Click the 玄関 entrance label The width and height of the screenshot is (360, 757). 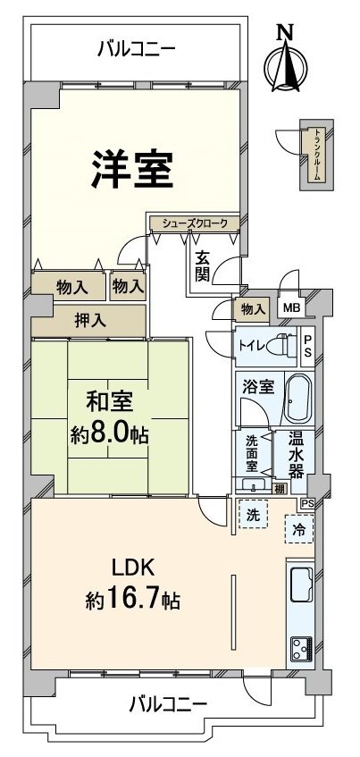(x=203, y=265)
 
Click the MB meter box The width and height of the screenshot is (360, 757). (x=292, y=308)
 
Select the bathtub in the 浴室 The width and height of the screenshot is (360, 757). (x=297, y=401)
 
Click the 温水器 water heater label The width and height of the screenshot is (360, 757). (x=296, y=454)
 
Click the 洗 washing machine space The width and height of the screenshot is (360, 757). (x=253, y=516)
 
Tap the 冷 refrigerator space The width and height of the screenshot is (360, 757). (x=297, y=527)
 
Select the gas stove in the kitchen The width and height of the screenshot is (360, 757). (x=299, y=648)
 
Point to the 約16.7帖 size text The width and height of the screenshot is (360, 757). (x=133, y=599)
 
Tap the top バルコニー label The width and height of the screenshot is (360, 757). (x=137, y=51)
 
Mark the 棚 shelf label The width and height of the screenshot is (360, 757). (x=280, y=487)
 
